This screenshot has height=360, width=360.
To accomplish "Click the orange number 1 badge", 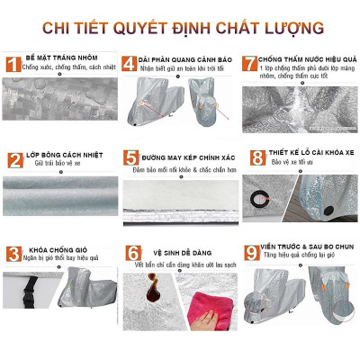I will pyautogui.click(x=13, y=64).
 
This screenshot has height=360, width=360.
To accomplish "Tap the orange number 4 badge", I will pyautogui.click(x=130, y=63).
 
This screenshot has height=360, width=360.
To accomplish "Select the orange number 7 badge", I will pyautogui.click(x=249, y=63).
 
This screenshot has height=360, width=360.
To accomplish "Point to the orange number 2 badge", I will pyautogui.click(x=14, y=160).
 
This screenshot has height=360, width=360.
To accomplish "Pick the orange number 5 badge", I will pyautogui.click(x=130, y=160).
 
